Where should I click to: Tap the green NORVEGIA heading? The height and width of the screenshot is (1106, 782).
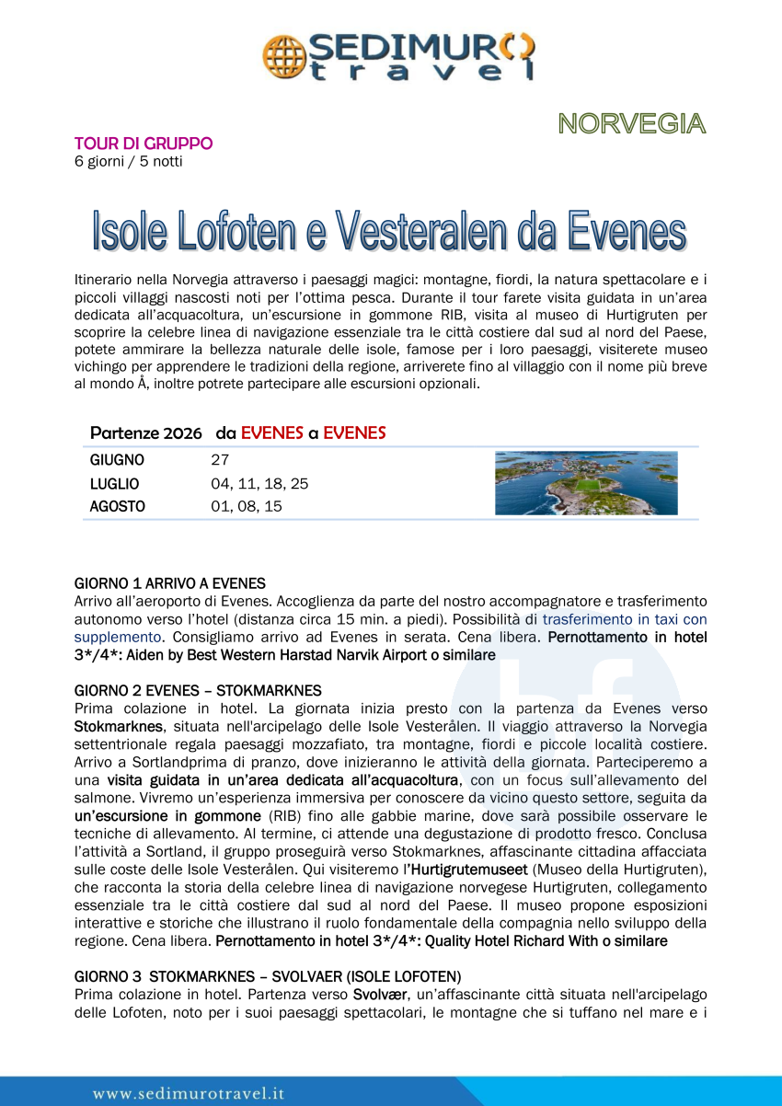click(x=631, y=123)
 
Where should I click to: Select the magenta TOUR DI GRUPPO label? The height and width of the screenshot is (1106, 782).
click(x=144, y=144)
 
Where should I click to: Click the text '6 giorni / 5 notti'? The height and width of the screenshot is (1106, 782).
click(x=128, y=162)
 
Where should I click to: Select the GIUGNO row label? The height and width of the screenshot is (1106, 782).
click(x=117, y=460)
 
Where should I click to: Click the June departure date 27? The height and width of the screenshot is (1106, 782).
click(x=220, y=460)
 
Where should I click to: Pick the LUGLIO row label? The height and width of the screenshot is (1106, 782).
click(x=114, y=483)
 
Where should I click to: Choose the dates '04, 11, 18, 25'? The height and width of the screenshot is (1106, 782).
click(x=259, y=483)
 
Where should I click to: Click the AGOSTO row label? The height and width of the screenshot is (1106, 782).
click(x=117, y=506)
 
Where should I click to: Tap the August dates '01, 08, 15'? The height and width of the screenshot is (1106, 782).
click(x=247, y=506)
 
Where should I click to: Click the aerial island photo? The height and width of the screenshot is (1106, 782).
click(x=586, y=483)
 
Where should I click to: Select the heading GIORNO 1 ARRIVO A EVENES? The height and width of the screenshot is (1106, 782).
click(x=169, y=583)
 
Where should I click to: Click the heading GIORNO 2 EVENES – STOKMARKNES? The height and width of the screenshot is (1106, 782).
click(x=198, y=690)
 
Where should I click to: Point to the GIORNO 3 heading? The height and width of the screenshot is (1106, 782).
click(x=268, y=976)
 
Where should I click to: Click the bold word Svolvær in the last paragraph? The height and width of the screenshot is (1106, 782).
click(x=380, y=994)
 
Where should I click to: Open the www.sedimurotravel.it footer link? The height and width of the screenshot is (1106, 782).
click(x=189, y=1093)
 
